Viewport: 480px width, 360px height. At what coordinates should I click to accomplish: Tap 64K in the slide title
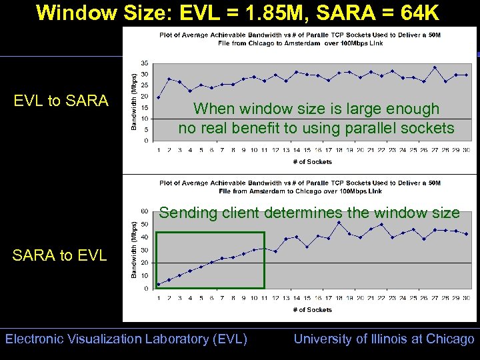[x=419, y=13]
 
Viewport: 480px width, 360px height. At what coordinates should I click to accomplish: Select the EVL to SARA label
[x=61, y=101]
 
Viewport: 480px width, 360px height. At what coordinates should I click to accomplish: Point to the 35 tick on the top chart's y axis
[x=144, y=63]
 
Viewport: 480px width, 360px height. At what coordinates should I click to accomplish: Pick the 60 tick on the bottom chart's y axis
[x=144, y=211]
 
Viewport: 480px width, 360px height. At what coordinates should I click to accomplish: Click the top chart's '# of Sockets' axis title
[x=312, y=161]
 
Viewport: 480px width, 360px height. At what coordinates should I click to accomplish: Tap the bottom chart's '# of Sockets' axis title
[x=312, y=309]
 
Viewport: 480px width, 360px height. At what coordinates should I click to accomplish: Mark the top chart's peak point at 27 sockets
[x=435, y=67]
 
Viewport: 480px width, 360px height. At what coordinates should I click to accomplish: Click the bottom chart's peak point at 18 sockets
[x=339, y=223]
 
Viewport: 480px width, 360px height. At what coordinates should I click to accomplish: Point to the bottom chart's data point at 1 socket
[x=158, y=284]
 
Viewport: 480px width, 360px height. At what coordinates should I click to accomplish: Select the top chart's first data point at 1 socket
[x=158, y=97]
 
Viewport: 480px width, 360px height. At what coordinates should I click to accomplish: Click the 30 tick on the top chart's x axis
[x=467, y=150]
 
